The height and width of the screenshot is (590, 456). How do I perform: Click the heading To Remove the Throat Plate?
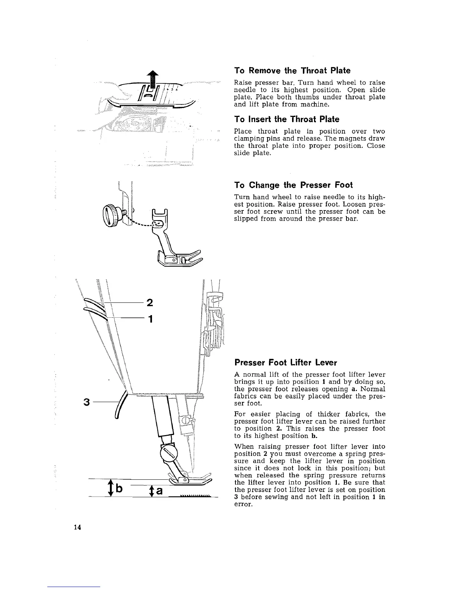(292, 70)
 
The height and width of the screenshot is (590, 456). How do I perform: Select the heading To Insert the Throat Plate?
(286, 119)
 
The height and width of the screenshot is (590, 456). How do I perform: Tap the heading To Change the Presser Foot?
(293, 185)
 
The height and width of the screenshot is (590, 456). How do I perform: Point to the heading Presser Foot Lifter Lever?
(285, 362)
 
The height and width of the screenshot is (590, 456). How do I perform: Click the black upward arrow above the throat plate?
(150, 80)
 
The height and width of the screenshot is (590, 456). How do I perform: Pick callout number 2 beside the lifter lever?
(150, 302)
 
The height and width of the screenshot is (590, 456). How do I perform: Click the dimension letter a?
(159, 491)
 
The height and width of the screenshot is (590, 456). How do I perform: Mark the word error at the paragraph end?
(244, 504)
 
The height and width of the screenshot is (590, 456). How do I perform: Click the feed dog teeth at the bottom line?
(195, 496)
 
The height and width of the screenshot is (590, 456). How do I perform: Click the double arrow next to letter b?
(111, 488)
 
